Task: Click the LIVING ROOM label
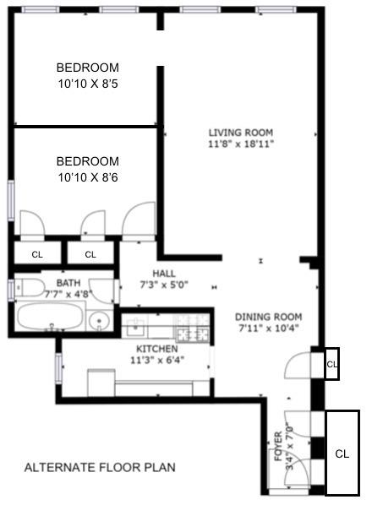point(241,132)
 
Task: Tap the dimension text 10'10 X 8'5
point(87,84)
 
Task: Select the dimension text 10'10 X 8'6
point(87,177)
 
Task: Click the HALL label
point(164,273)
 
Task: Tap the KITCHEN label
point(157,348)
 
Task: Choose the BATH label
point(68,283)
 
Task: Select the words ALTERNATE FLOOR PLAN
point(100,467)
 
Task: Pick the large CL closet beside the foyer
point(342,453)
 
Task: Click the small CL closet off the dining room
point(331,364)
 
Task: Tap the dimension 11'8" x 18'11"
point(241,144)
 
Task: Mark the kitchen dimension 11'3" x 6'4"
point(157,360)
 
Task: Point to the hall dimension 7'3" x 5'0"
point(164,285)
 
